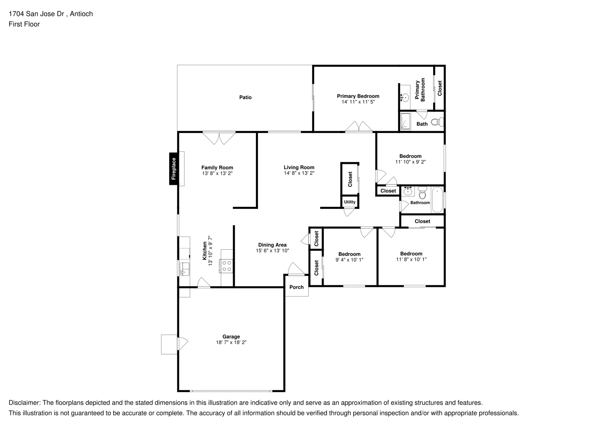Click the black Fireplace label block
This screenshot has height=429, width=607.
173,169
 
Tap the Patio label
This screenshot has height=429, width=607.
245,97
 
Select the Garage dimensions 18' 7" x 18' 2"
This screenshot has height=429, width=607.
231,342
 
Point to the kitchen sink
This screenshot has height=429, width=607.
185,269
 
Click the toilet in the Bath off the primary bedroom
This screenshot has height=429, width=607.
437,122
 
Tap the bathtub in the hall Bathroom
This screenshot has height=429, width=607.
437,200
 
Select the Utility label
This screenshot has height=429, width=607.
349,202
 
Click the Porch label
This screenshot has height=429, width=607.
297,287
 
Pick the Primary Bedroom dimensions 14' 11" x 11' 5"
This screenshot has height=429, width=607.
358,102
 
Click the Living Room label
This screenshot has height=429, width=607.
299,167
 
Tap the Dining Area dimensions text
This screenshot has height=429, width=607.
272,251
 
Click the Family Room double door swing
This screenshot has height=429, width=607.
219,138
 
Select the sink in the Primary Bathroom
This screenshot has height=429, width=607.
405,97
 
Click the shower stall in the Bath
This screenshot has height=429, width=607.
405,121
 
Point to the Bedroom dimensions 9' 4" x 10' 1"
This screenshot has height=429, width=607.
349,260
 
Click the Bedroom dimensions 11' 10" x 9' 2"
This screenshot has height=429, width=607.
410,162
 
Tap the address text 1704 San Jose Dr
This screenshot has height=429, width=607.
36,14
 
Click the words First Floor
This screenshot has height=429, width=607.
24,24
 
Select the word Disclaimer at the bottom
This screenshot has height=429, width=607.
24,403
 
